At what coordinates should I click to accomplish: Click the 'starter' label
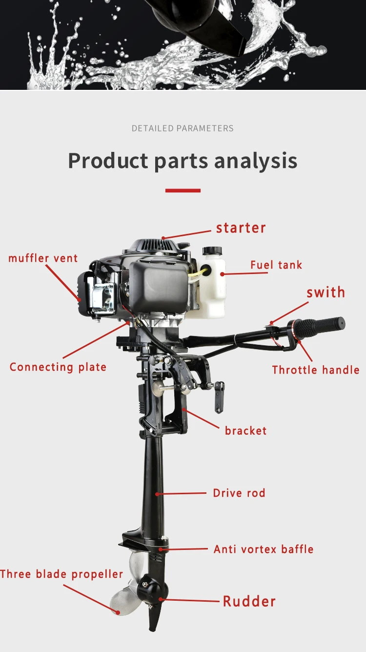[241, 228]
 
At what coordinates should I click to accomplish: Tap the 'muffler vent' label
[43, 258]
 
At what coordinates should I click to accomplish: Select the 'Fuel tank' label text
[276, 265]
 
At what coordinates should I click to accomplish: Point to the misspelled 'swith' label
[326, 292]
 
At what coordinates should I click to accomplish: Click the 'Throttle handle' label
[316, 370]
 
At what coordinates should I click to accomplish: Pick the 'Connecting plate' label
[58, 367]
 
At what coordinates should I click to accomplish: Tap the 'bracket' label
[245, 431]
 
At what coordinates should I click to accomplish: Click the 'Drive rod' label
[239, 493]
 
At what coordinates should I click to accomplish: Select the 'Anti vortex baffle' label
[264, 549]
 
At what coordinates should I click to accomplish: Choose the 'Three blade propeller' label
[61, 574]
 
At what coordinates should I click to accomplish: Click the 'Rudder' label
[249, 601]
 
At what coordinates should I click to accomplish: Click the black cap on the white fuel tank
[212, 251]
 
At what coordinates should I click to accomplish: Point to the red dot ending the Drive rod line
[157, 494]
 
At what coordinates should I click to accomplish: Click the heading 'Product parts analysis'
[183, 161]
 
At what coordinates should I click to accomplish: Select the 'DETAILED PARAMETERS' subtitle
[183, 128]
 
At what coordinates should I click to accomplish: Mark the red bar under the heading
[183, 190]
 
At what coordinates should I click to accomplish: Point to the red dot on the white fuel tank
[222, 274]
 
